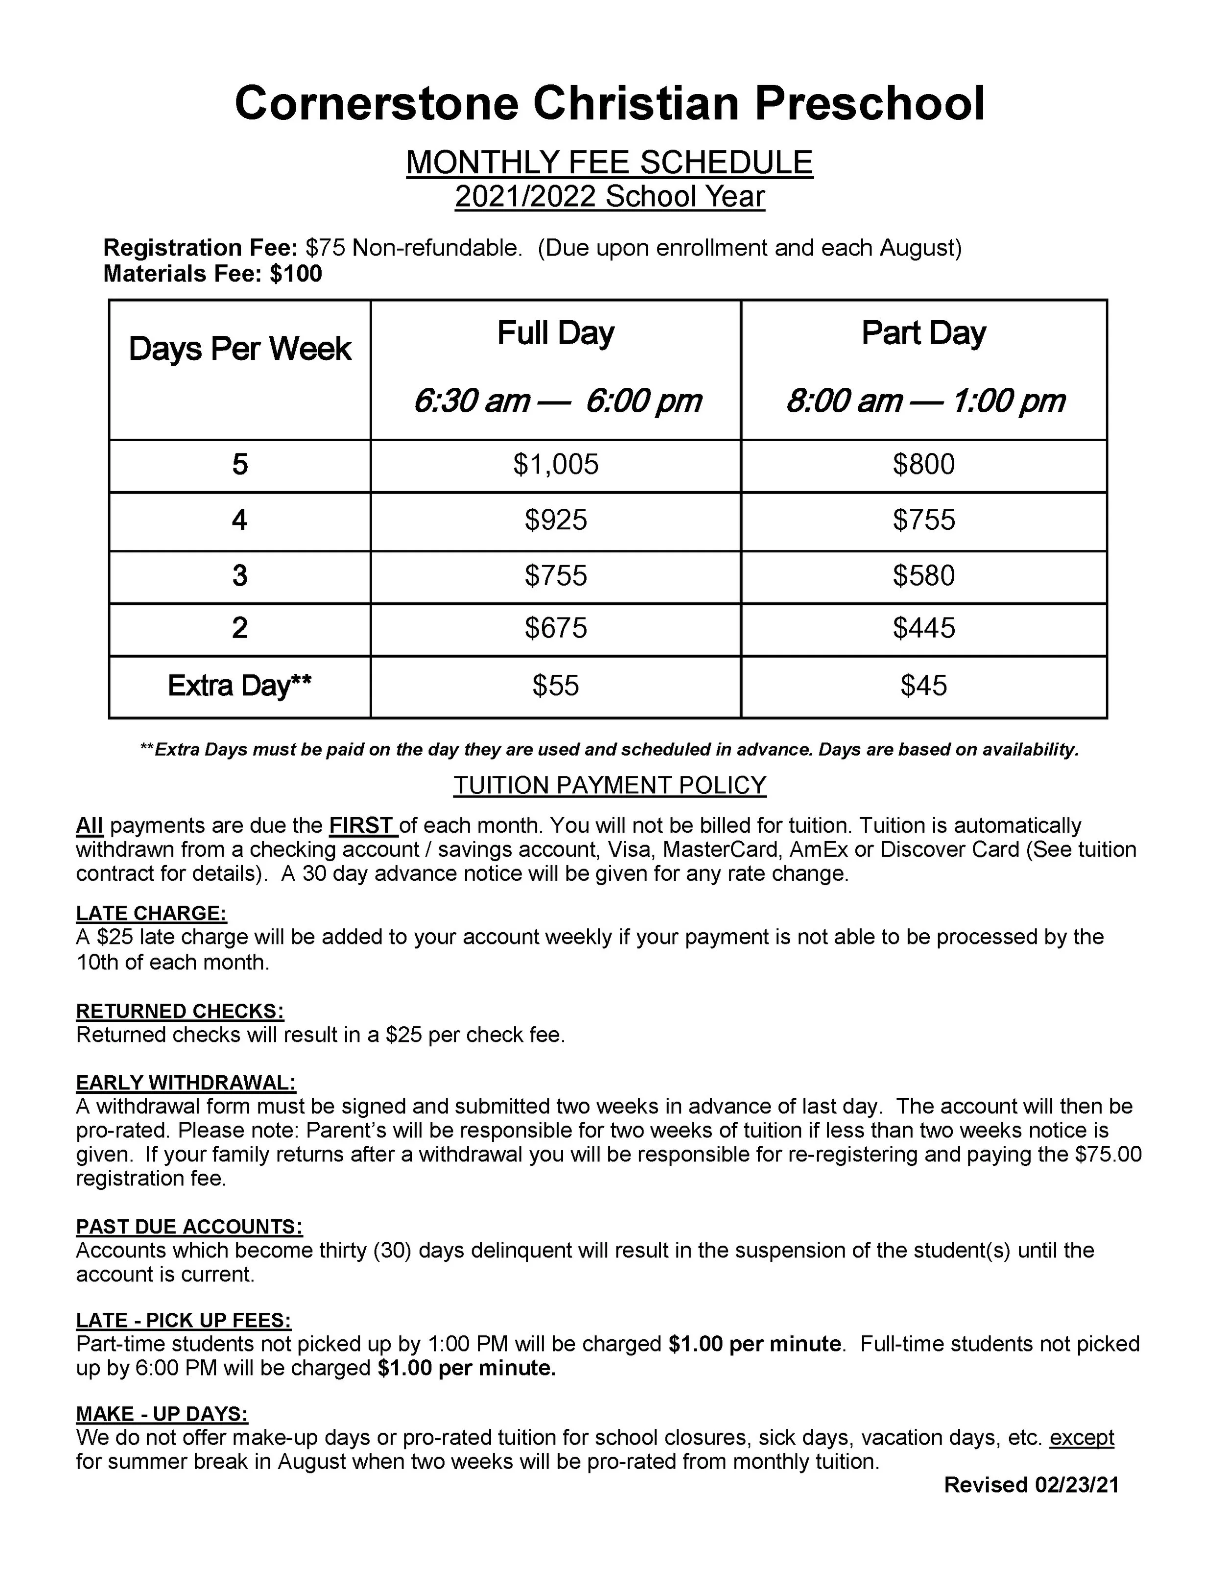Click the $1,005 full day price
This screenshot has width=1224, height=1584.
pyautogui.click(x=555, y=465)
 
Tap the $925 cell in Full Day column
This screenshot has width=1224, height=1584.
pyautogui.click(x=555, y=520)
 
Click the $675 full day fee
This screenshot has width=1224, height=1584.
pyautogui.click(x=555, y=628)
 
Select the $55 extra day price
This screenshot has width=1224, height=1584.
pyautogui.click(x=555, y=686)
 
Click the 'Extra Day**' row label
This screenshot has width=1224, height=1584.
pyautogui.click(x=239, y=686)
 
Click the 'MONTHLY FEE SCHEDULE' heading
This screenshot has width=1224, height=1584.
pyautogui.click(x=609, y=163)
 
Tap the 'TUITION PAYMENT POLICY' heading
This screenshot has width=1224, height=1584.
pyautogui.click(x=609, y=785)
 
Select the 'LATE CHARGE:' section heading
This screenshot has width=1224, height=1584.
pyautogui.click(x=151, y=913)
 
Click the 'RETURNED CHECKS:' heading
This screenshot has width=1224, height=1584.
pyautogui.click(x=180, y=1011)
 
